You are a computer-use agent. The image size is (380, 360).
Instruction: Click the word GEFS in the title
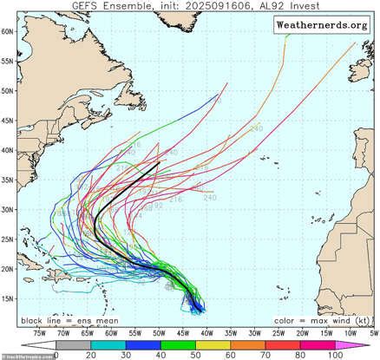tap(91, 7)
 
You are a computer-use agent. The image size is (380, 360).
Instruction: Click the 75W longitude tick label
tap(40, 331)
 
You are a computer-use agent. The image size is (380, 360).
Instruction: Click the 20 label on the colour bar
tap(89, 354)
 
